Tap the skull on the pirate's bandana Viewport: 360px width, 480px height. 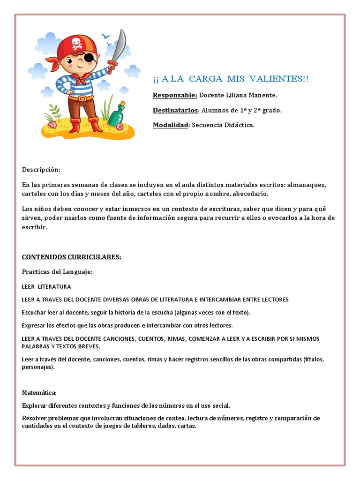click(x=76, y=44)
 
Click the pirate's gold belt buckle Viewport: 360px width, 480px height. click(x=82, y=98)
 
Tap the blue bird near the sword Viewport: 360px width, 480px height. click(x=107, y=36)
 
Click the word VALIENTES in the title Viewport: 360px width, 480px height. click(x=281, y=79)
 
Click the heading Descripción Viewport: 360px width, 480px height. click(x=41, y=169)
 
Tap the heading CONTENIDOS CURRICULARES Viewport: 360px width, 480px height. click(x=72, y=257)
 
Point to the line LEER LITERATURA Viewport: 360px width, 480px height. click(x=46, y=286)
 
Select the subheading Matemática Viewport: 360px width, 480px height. click(x=39, y=392)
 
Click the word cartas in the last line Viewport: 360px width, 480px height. click(x=187, y=426)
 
